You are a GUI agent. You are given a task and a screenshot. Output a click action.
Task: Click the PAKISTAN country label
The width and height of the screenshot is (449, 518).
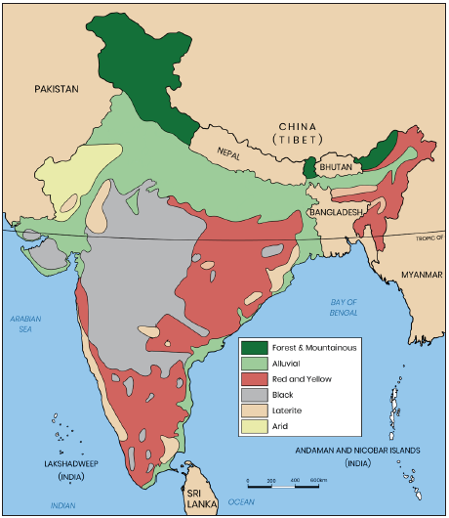[x=56, y=89]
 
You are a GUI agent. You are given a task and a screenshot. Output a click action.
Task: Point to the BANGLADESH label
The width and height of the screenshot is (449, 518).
[x=335, y=211]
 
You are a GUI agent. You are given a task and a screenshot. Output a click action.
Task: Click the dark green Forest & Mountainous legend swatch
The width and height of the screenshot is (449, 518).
[x=256, y=348]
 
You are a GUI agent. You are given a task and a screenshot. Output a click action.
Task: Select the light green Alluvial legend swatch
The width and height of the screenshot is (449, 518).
[x=256, y=364]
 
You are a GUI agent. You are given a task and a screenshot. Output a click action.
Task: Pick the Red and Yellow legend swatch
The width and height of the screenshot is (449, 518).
[x=256, y=379]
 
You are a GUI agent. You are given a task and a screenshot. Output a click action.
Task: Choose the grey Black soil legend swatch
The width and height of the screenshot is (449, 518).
[x=256, y=395]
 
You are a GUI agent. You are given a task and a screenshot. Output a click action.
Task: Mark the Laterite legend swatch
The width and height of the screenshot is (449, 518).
[x=256, y=410]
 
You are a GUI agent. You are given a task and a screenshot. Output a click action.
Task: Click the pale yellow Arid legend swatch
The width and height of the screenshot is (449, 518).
[x=256, y=426]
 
